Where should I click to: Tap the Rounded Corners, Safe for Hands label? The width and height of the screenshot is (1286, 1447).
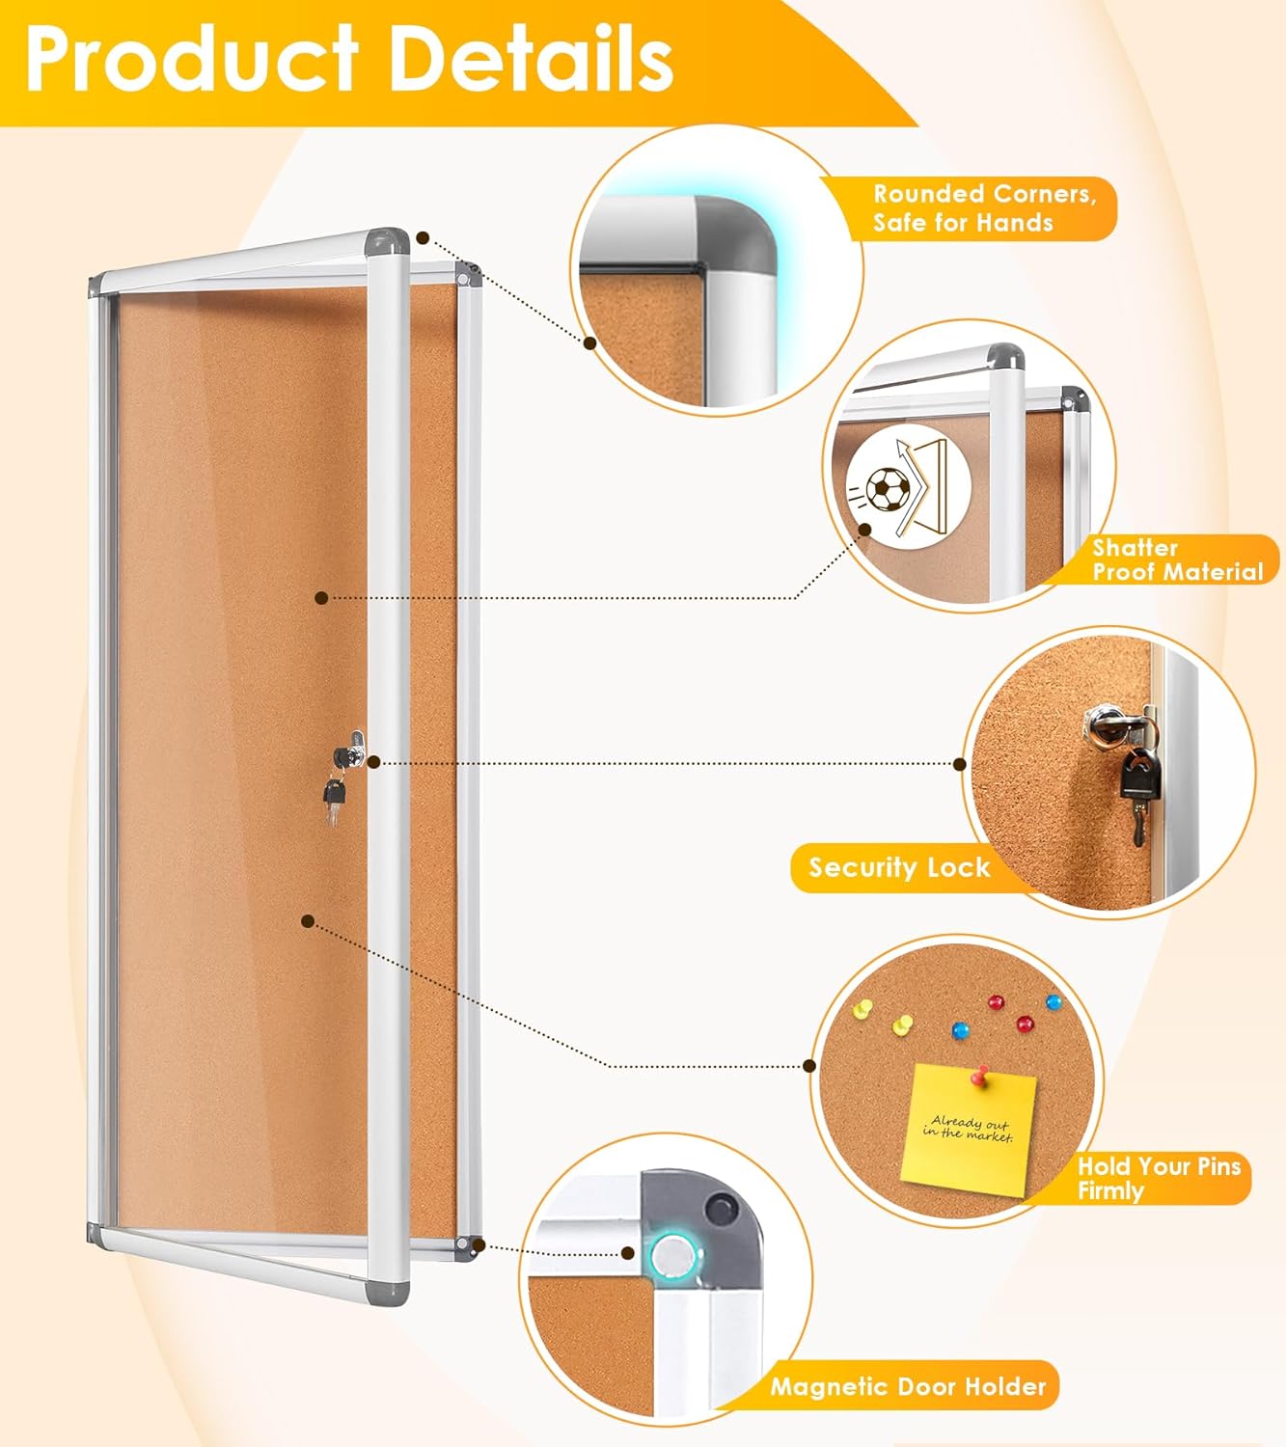click(x=983, y=208)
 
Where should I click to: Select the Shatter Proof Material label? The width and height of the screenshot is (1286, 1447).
click(x=1176, y=560)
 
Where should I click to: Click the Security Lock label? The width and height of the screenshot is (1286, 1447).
click(x=899, y=867)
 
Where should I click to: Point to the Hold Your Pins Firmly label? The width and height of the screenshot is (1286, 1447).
click(x=1159, y=1178)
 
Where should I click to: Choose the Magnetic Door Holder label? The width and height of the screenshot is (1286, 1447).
click(x=908, y=1387)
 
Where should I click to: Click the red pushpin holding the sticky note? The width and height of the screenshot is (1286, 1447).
click(x=983, y=1074)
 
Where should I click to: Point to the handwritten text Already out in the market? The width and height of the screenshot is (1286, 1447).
click(x=968, y=1128)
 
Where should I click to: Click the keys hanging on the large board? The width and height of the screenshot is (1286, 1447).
click(x=334, y=797)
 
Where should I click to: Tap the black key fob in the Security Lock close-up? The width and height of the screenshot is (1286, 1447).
click(x=1140, y=774)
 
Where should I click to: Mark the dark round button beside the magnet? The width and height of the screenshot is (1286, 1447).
click(x=718, y=1207)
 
